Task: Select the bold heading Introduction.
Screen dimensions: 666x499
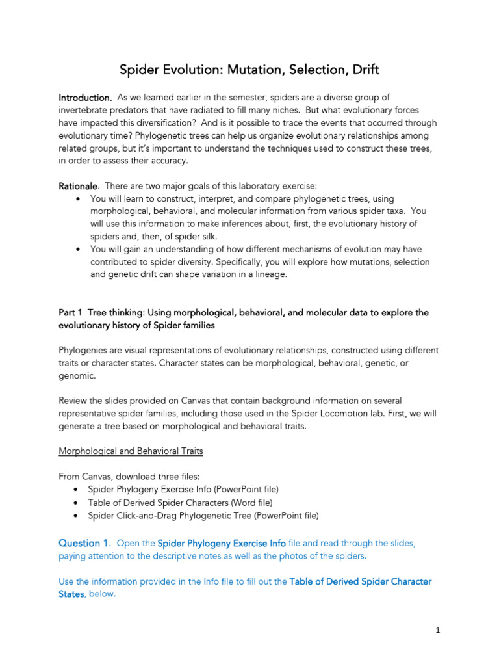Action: (85, 98)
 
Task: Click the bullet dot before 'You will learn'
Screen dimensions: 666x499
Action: (79, 199)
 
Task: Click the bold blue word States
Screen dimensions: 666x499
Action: (71, 594)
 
